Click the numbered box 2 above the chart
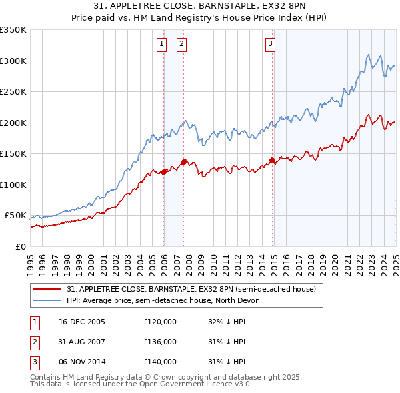(x=181, y=45)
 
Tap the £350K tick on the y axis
(x=13, y=30)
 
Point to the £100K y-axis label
(x=13, y=185)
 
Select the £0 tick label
(x=19, y=246)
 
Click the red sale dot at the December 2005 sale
(x=164, y=173)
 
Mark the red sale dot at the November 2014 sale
(x=272, y=160)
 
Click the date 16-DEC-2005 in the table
(x=82, y=322)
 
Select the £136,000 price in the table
(x=160, y=342)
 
